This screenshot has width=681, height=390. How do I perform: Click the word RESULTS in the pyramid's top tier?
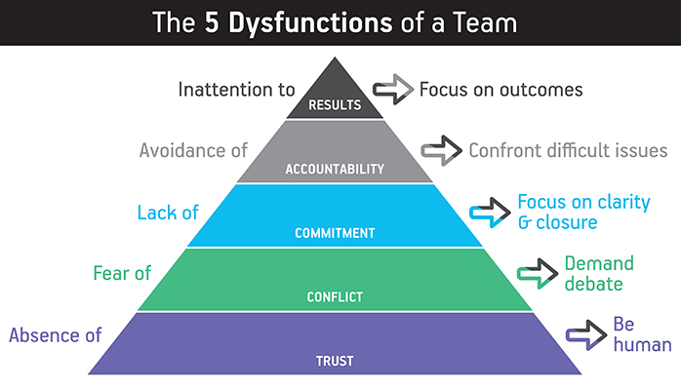point(335,104)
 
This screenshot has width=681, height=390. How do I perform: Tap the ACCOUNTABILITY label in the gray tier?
point(335,169)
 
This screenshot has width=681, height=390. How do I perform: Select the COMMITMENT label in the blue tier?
point(335,234)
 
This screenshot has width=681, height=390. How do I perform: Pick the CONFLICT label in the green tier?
point(335,297)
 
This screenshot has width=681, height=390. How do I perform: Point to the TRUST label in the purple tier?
point(335,362)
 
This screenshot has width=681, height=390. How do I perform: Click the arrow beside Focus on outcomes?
point(393,91)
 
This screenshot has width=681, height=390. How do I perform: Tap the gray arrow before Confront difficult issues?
point(442,151)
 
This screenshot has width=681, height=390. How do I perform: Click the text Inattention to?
point(236,90)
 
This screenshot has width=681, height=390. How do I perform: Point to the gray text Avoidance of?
point(193,151)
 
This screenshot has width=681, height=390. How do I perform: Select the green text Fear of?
point(122,273)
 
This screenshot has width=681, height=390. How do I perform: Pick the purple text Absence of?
point(56,335)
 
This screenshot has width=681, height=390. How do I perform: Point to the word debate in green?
point(594,284)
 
